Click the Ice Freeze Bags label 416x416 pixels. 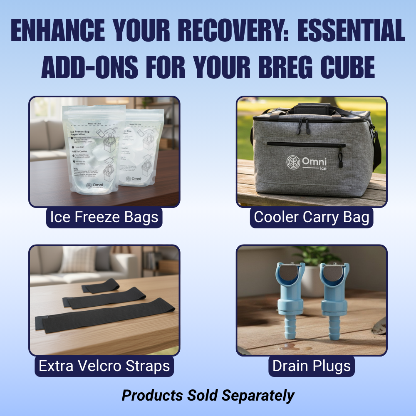coord(104,217)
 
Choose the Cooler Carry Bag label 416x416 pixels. coord(312,217)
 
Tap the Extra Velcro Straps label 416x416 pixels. coord(104,366)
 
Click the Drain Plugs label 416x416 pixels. coord(312,366)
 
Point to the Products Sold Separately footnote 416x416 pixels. coord(208,395)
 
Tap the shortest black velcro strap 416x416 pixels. coord(100,287)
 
